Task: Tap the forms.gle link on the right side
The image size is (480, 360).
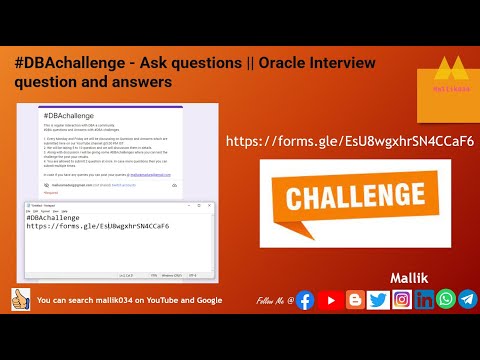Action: [350, 141]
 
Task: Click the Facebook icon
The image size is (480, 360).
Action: [305, 300]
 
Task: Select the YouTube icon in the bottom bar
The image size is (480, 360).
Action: [329, 300]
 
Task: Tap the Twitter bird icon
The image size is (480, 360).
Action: [378, 300]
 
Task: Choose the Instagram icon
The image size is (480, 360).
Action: [401, 300]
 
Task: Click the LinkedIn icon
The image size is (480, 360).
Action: [424, 300]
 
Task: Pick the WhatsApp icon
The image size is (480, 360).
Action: [445, 300]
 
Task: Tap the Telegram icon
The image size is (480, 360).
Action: [467, 300]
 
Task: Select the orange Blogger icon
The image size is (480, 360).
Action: [354, 300]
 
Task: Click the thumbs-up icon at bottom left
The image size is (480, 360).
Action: [20, 300]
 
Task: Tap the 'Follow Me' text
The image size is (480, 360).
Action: [273, 300]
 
